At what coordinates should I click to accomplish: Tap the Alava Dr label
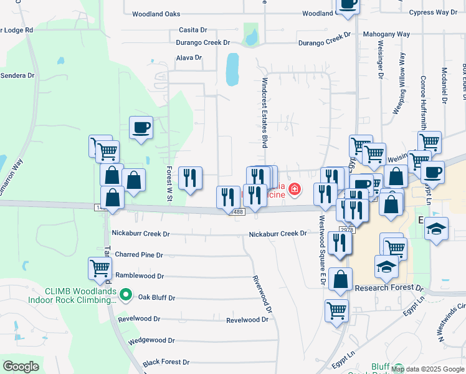click(189, 58)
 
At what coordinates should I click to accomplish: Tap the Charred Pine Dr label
click(138, 255)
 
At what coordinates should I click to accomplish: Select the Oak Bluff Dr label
click(156, 297)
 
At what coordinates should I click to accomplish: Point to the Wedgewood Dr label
click(151, 340)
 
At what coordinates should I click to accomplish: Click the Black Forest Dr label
click(166, 362)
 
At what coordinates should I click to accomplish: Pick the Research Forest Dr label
click(388, 288)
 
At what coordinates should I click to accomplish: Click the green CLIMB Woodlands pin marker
click(126, 294)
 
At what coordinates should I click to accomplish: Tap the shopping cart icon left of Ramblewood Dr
click(100, 269)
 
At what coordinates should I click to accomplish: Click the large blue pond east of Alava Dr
click(232, 69)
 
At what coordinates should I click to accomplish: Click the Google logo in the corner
click(21, 367)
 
